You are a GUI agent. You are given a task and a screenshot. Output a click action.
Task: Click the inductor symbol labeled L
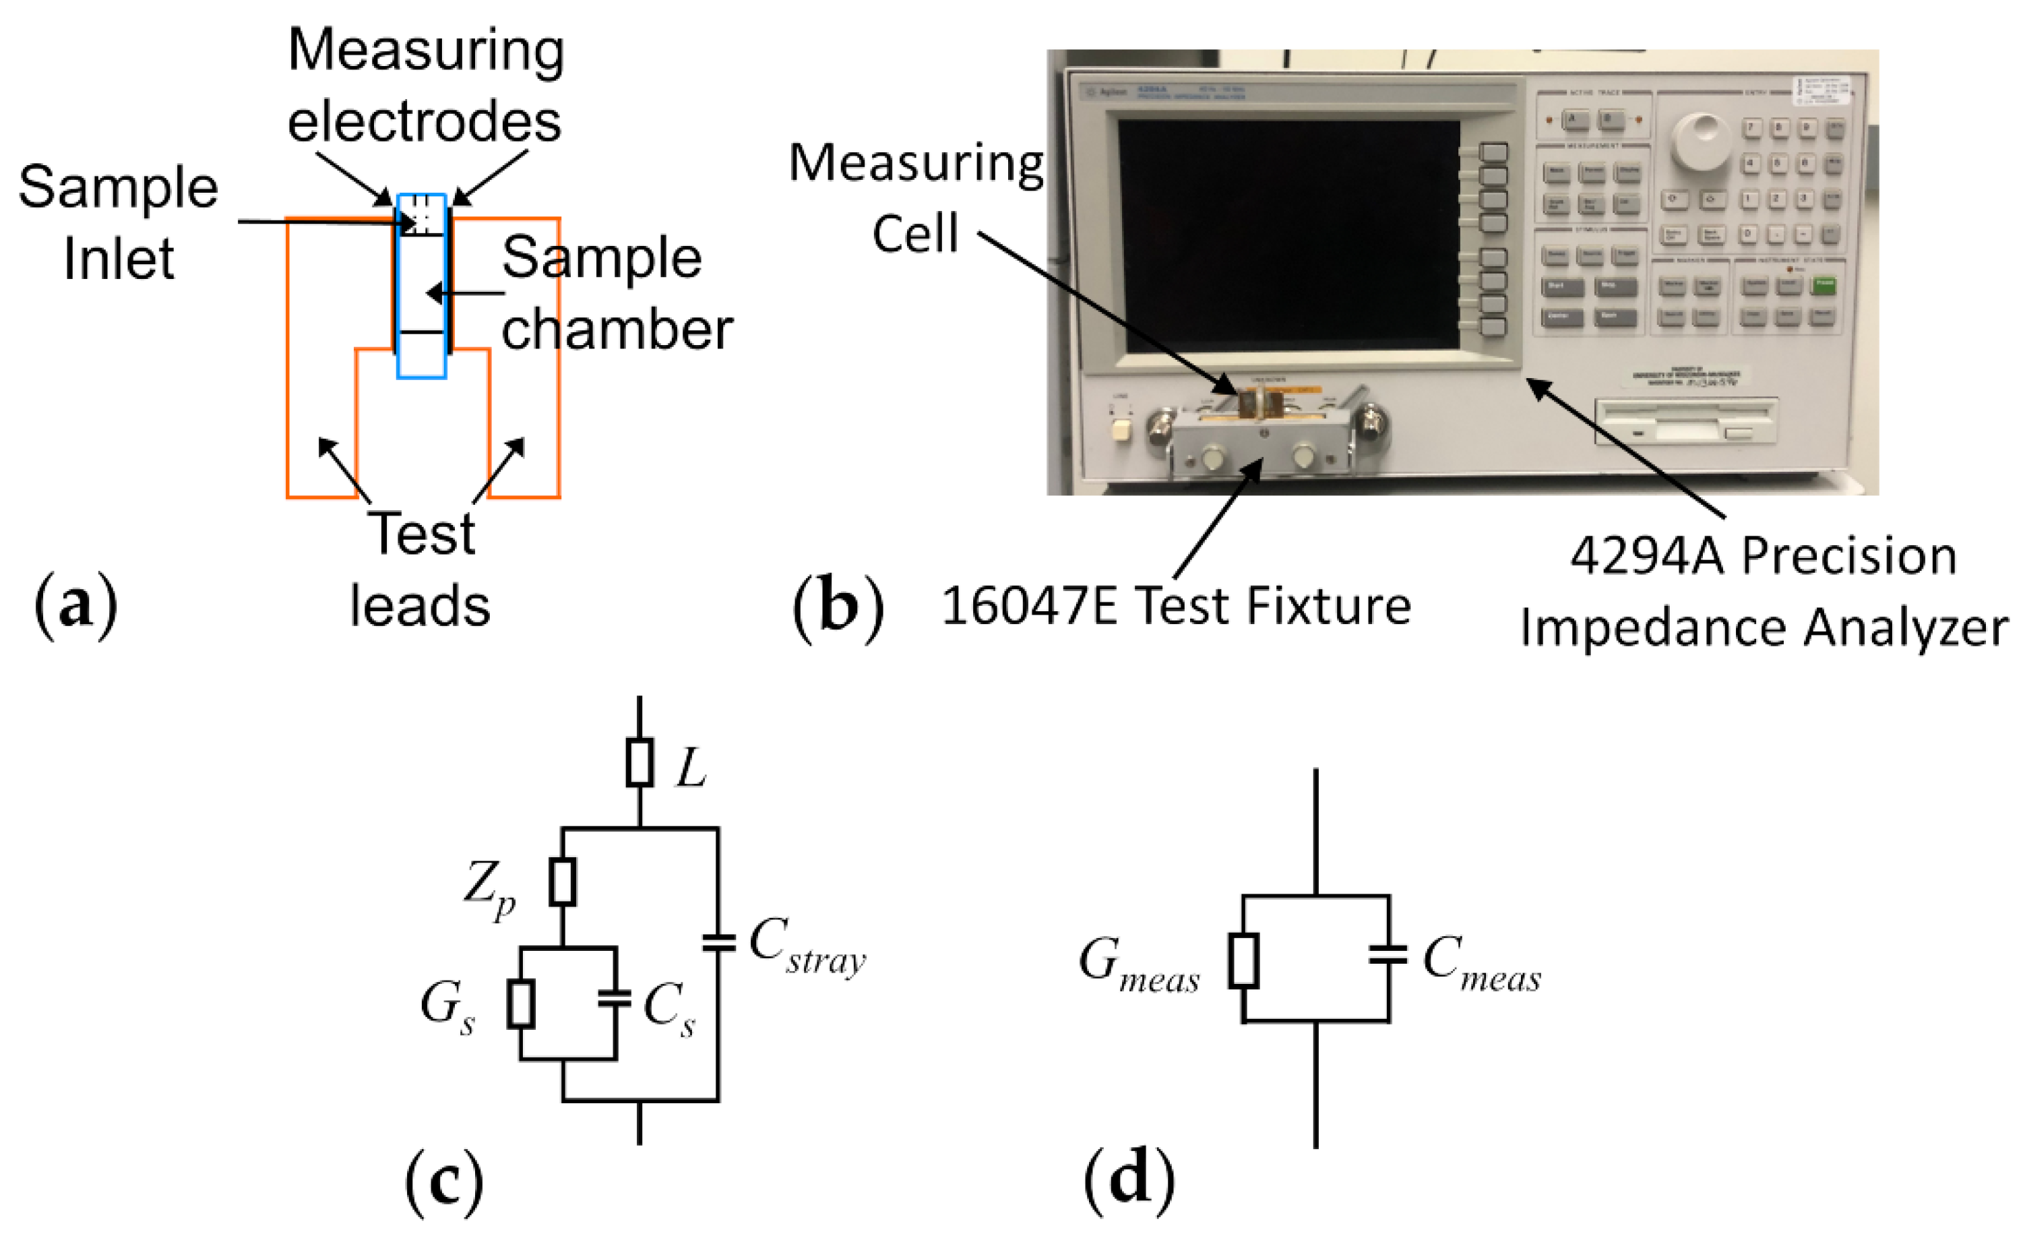tap(640, 763)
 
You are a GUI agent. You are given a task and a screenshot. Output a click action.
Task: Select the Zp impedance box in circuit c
tap(562, 882)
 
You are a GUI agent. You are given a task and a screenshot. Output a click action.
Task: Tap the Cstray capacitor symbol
tap(718, 943)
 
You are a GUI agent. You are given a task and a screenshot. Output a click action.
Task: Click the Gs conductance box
tap(520, 1003)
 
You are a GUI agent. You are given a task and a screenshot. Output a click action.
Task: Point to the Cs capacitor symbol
tap(615, 999)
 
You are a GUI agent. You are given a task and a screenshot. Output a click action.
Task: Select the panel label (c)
tap(444, 1182)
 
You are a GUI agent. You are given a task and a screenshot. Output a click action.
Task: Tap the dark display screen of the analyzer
tap(1288, 237)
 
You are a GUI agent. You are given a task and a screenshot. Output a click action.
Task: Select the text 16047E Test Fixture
tap(1175, 607)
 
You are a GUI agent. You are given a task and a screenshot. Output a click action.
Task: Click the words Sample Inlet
tap(119, 222)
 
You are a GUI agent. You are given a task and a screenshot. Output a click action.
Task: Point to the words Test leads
tap(422, 569)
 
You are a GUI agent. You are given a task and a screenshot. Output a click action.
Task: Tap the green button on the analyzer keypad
tap(1824, 284)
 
